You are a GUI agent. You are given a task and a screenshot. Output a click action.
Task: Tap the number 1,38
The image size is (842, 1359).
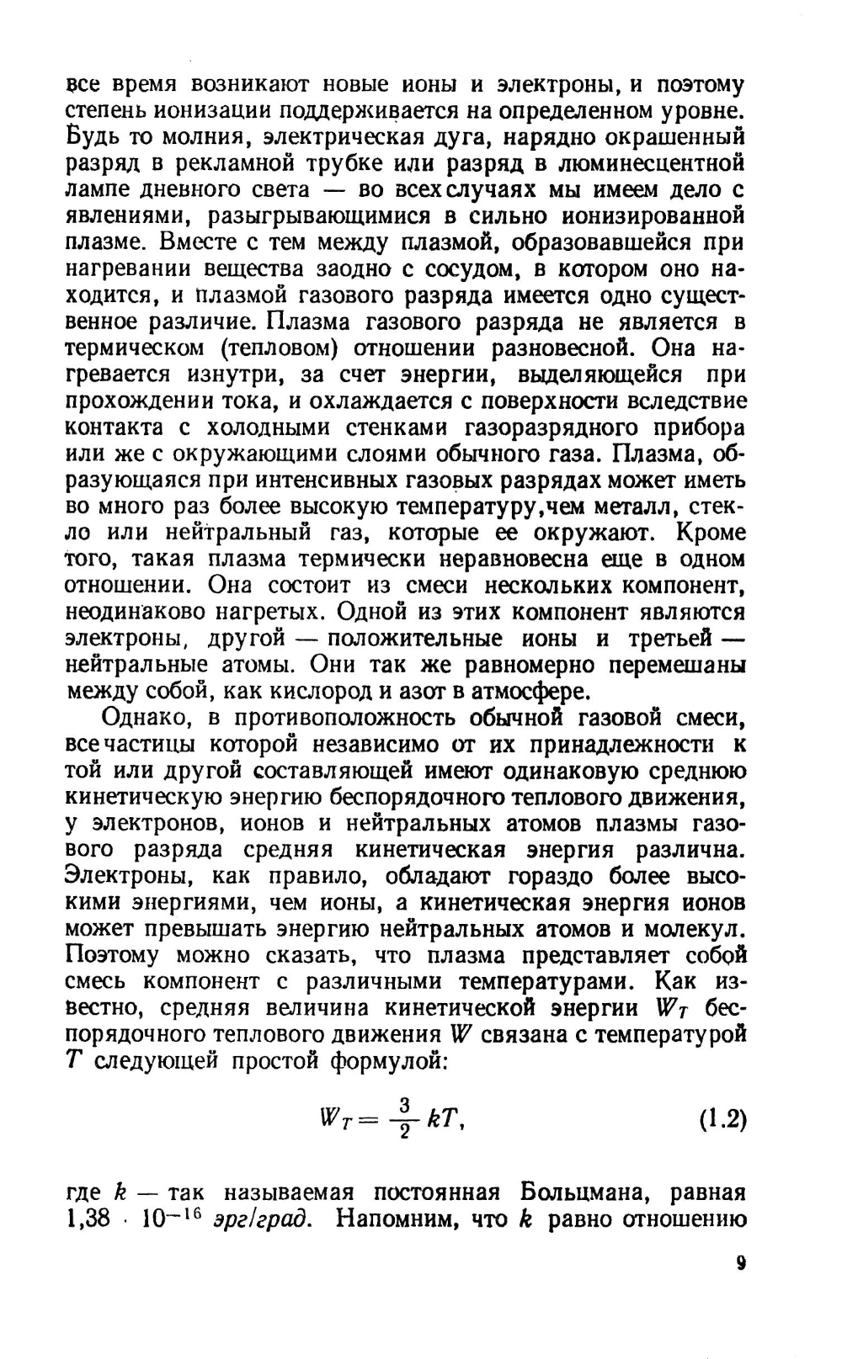click(x=88, y=1219)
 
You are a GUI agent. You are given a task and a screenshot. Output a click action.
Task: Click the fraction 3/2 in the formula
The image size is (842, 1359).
click(x=404, y=1119)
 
